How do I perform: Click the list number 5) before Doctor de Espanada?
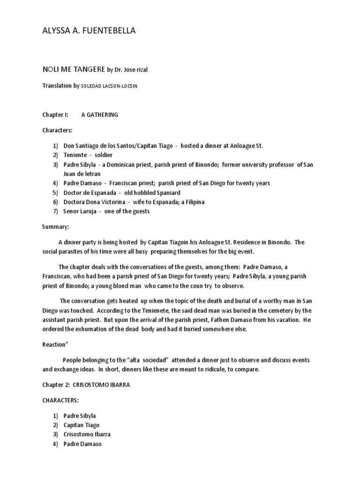point(55,192)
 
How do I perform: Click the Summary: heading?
point(56,227)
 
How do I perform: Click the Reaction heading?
point(55,344)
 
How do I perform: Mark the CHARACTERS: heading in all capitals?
point(61,401)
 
